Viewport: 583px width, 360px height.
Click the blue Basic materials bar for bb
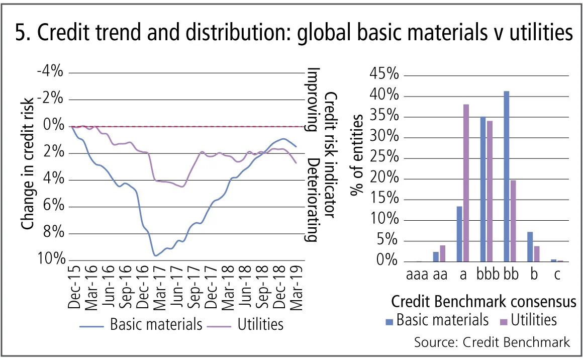[x=507, y=176]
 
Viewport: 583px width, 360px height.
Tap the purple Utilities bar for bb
[x=513, y=221]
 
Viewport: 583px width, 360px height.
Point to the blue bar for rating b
[x=530, y=247]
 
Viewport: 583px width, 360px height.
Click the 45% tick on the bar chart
[x=384, y=75]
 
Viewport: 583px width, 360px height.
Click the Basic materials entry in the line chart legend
[x=156, y=324]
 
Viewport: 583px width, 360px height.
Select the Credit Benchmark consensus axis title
[x=483, y=302]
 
